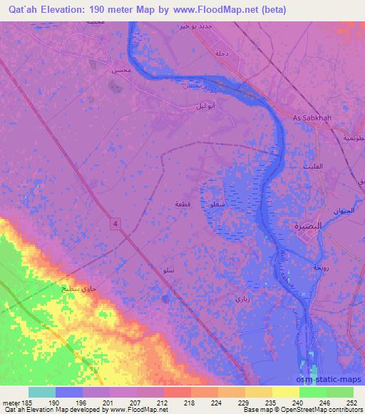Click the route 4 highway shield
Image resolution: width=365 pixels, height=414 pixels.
[x=113, y=225]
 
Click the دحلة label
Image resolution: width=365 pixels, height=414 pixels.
[x=221, y=53]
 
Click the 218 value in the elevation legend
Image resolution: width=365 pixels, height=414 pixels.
[x=190, y=402]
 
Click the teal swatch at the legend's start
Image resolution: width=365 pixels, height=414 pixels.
[x=42, y=392]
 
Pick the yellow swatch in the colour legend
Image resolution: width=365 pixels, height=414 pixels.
[x=285, y=392]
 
